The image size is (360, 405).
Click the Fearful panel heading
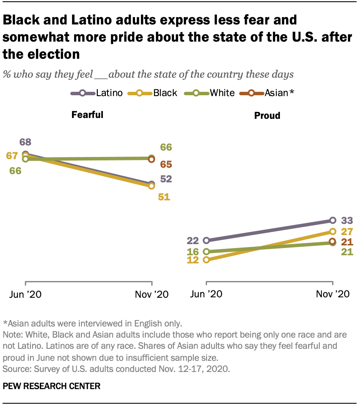point(87,115)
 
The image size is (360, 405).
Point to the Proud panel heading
point(267,115)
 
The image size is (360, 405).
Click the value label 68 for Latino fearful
point(25,142)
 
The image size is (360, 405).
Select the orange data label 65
point(165,164)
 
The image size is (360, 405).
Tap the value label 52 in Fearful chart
point(165,179)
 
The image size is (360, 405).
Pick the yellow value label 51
point(164,197)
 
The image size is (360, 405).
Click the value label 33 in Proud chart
point(347,221)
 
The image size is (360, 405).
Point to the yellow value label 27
point(347,232)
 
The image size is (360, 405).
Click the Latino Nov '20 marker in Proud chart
point(333,221)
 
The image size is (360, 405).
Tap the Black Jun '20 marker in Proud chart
point(206,260)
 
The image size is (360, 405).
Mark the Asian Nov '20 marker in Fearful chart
point(151,160)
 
